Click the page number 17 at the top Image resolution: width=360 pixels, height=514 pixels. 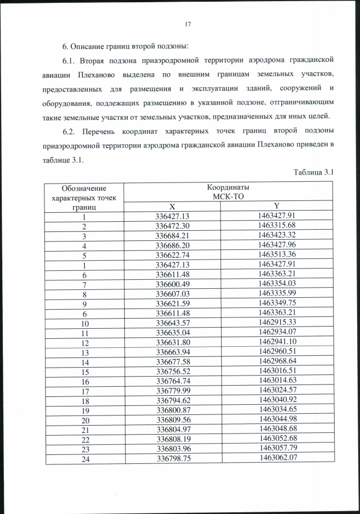pyautogui.click(x=188, y=24)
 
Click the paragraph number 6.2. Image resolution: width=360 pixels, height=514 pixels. pyautogui.click(x=69, y=131)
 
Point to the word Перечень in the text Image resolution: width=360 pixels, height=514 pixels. pyautogui.click(x=102, y=131)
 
